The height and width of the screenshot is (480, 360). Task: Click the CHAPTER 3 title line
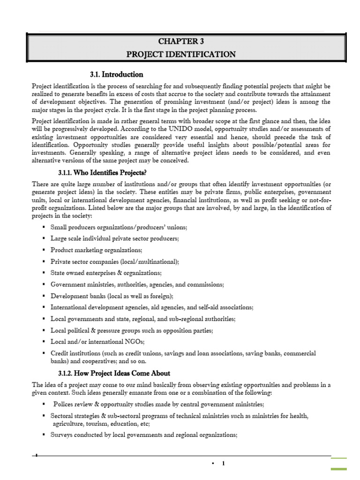181,42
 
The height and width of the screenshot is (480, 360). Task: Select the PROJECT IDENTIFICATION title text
181,54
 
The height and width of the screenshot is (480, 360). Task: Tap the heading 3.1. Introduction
116,75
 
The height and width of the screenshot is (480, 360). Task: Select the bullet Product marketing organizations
96,250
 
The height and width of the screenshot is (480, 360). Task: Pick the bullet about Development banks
112,296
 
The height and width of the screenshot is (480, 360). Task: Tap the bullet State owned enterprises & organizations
106,273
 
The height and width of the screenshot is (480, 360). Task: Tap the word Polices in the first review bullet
64,404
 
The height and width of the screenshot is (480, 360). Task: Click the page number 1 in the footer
224,464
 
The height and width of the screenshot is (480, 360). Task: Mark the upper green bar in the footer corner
339,458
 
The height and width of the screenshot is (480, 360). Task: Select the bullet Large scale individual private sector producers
114,239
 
